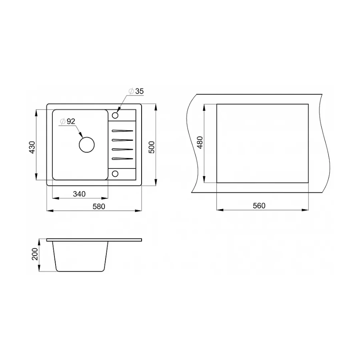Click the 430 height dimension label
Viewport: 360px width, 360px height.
(x=33, y=147)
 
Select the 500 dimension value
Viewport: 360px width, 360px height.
(x=151, y=147)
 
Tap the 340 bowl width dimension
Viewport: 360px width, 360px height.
(x=80, y=194)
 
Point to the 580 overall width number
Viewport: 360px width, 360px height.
(x=98, y=206)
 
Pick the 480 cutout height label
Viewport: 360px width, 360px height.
(x=200, y=142)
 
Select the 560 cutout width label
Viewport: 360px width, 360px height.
(x=259, y=206)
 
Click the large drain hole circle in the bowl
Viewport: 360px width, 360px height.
(x=87, y=144)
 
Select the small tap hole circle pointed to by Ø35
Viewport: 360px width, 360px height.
(x=115, y=116)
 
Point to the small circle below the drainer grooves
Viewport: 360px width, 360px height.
(x=115, y=173)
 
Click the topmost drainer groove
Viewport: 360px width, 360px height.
(x=122, y=130)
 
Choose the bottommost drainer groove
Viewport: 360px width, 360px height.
(x=122, y=159)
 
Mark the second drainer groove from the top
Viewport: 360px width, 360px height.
(x=122, y=140)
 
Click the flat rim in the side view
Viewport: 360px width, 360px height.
(x=94, y=240)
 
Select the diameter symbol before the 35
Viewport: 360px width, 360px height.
(x=131, y=92)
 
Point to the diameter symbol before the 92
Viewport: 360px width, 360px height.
(x=62, y=122)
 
